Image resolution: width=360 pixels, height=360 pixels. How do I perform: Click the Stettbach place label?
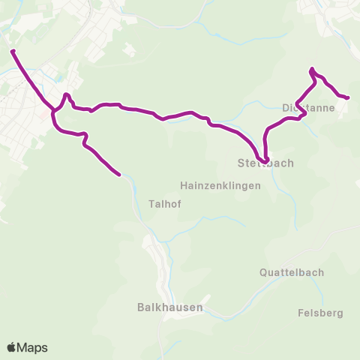click(x=265, y=163)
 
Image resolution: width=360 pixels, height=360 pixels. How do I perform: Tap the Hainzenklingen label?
click(x=220, y=185)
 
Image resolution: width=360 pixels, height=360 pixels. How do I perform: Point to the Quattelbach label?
click(x=292, y=272)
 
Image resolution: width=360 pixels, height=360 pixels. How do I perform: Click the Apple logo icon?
click(x=12, y=347)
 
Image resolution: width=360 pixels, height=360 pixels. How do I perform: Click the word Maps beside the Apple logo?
click(x=33, y=347)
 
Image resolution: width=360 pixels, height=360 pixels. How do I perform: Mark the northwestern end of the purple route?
click(x=13, y=52)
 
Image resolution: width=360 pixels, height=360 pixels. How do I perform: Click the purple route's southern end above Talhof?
click(x=119, y=175)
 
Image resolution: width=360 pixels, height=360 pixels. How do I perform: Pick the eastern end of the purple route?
click(x=348, y=97)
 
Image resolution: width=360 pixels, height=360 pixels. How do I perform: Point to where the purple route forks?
click(x=54, y=112)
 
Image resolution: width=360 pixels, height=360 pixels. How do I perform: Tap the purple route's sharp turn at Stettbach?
click(x=266, y=157)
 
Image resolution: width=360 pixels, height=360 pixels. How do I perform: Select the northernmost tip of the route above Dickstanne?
click(x=310, y=70)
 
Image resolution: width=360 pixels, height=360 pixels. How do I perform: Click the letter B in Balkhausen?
click(x=141, y=307)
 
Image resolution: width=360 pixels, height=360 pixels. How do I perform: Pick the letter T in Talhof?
click(x=151, y=203)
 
